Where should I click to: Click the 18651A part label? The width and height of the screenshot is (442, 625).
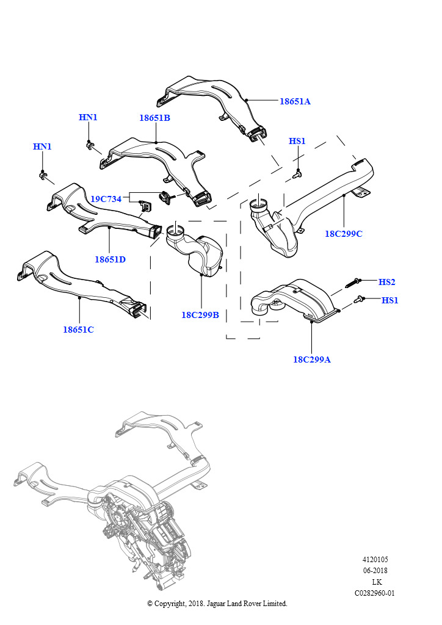(x=295, y=101)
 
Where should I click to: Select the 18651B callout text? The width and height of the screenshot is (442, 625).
(x=154, y=118)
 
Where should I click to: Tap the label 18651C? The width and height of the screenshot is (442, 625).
(x=78, y=330)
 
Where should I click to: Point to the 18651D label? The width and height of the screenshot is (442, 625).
(x=110, y=259)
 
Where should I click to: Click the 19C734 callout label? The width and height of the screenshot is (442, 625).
(x=106, y=199)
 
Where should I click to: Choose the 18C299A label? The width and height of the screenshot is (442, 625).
(x=311, y=359)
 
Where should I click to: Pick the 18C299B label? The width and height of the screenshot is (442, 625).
(x=200, y=315)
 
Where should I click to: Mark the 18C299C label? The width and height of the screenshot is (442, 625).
(x=344, y=234)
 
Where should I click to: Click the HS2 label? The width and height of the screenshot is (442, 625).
(x=387, y=282)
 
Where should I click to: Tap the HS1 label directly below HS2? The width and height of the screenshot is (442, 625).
(x=390, y=300)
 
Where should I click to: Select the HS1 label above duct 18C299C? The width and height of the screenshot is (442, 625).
(x=297, y=142)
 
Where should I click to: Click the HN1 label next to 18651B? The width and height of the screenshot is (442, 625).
(x=88, y=117)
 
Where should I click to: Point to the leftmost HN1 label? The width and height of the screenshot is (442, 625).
(x=42, y=146)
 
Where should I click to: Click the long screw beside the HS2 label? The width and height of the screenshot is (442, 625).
(x=352, y=282)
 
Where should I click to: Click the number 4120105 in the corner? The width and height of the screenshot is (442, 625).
(x=375, y=559)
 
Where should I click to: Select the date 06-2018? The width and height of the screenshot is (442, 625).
(x=375, y=571)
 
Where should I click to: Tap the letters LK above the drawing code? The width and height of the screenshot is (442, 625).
(x=377, y=582)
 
